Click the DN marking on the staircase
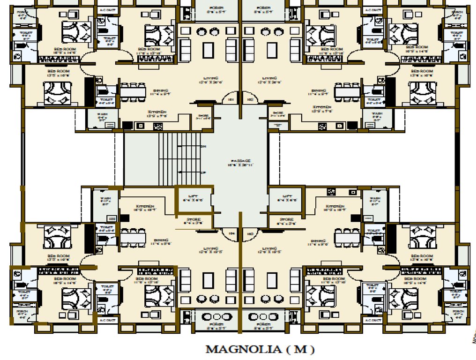click(x=203, y=147)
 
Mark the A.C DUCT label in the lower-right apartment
click(x=373, y=320)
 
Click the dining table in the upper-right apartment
click(x=347, y=92)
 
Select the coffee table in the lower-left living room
click(x=208, y=281)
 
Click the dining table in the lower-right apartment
click(x=347, y=238)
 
